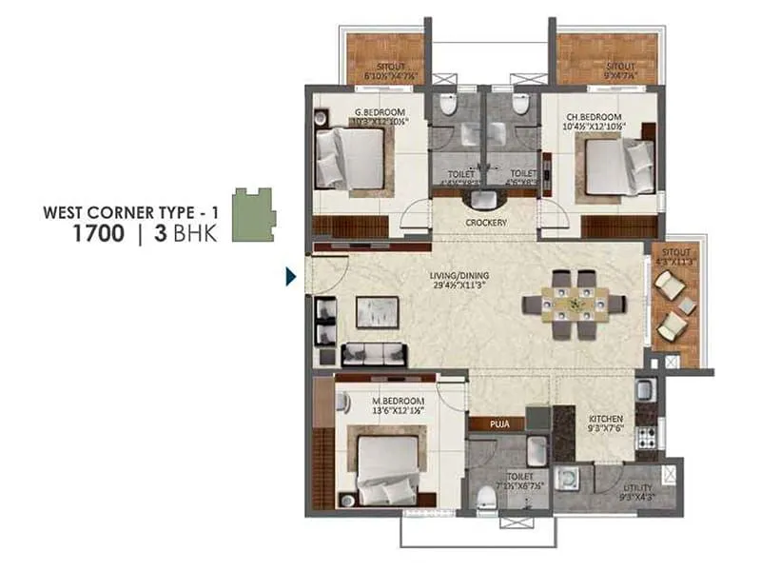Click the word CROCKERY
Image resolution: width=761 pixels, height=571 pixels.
tap(486, 223)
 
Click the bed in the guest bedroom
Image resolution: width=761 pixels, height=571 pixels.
tap(351, 156)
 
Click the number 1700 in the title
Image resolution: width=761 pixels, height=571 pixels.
tap(94, 232)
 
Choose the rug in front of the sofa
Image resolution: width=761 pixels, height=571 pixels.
tap(377, 311)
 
